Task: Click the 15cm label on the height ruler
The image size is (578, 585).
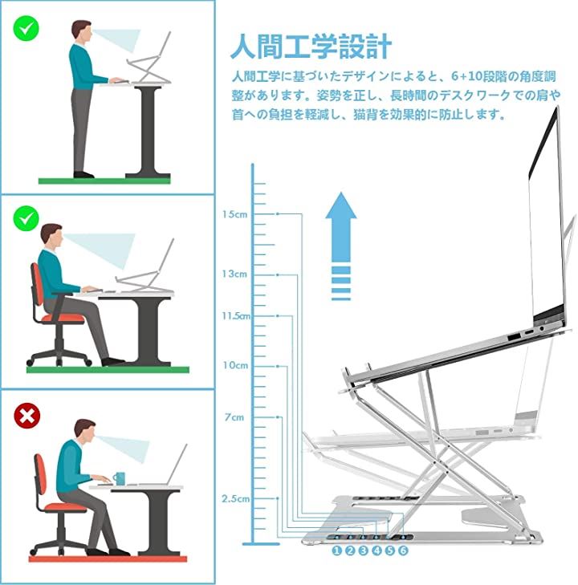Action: [234, 214]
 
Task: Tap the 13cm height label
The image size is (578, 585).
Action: [234, 274]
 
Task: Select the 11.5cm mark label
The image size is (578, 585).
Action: [236, 316]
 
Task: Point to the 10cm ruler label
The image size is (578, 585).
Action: [235, 365]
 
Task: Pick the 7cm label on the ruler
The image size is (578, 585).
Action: [234, 417]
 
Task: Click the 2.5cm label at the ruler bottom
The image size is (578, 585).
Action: [235, 499]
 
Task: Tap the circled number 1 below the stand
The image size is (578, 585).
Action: [336, 550]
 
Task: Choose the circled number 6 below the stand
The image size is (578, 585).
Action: [403, 550]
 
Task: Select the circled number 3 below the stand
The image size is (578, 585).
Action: [363, 550]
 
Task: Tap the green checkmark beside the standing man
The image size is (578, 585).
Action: [26, 27]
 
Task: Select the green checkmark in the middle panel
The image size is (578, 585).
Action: [26, 218]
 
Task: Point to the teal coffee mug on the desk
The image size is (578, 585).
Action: [119, 478]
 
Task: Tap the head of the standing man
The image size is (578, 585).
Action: [82, 31]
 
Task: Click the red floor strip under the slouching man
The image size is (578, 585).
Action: [108, 559]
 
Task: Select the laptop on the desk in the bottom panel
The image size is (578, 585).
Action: [165, 465]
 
